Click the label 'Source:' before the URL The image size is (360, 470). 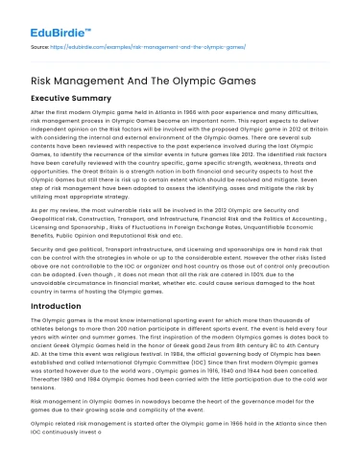coord(40,44)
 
